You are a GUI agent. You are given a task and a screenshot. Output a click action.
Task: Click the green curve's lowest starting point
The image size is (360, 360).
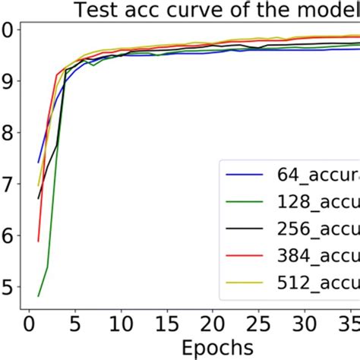coord(38,295)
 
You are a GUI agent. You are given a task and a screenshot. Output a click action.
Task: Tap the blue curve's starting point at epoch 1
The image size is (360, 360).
coord(38,163)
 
